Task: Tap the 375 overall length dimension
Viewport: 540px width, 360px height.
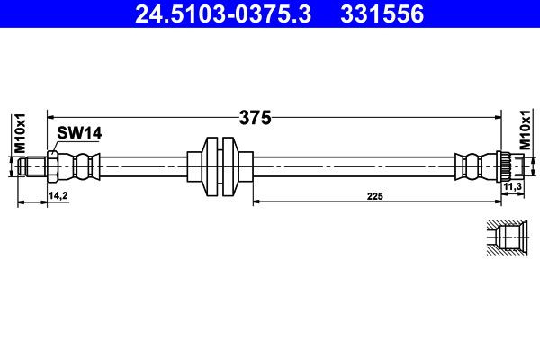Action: click(256, 117)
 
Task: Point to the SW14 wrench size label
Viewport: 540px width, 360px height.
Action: click(79, 132)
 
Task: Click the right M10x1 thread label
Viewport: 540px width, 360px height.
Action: click(525, 131)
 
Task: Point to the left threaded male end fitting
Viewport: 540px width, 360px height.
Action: click(34, 165)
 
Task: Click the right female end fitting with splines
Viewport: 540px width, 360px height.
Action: click(507, 165)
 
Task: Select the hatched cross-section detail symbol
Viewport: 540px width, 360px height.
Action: click(507, 239)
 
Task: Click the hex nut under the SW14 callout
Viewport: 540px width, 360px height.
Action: click(54, 165)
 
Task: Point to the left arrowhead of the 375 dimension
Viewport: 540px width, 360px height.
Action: click(50, 117)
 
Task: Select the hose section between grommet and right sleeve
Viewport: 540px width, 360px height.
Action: click(351, 165)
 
